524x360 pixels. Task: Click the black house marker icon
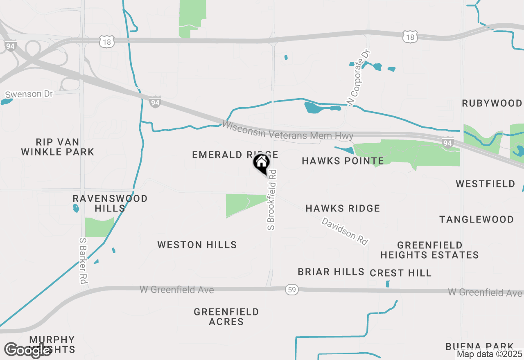pos(261,163)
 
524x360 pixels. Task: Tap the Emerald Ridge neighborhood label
pos(235,155)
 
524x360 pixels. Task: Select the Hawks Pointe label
pos(343,161)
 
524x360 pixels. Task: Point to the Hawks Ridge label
pos(343,208)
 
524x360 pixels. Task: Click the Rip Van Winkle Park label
pos(58,147)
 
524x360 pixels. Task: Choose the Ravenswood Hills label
pos(110,203)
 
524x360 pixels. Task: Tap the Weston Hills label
pos(197,245)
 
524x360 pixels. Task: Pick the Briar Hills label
pos(331,272)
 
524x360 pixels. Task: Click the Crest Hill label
pos(400,273)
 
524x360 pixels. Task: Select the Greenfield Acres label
pos(226,317)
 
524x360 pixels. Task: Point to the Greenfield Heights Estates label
pos(429,250)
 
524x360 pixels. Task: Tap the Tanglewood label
pos(477,220)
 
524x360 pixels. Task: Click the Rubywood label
pos(492,103)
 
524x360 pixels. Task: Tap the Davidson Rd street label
pos(345,231)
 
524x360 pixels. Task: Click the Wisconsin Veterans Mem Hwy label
pos(287,130)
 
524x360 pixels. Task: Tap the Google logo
pos(27,351)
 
